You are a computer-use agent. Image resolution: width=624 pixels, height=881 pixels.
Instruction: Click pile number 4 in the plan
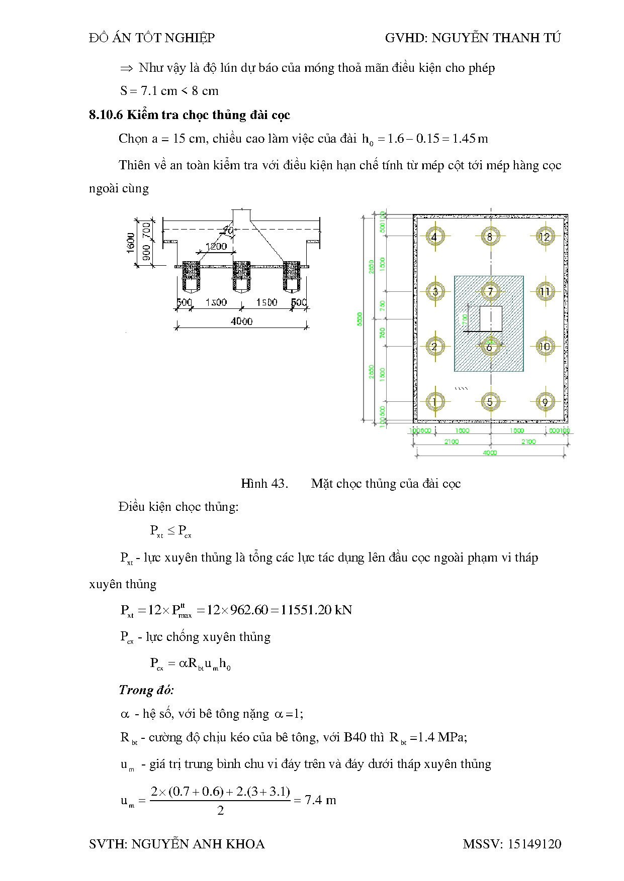coord(434,237)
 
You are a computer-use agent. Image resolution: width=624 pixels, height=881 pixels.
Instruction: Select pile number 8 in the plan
coord(490,237)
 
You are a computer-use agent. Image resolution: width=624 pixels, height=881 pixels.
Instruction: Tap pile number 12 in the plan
coord(545,237)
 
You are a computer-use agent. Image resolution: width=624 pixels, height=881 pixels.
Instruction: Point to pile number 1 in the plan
coord(434,402)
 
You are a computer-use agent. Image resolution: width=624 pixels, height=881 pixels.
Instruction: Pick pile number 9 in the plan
coord(545,402)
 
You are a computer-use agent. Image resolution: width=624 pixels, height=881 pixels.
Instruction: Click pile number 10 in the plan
coord(545,347)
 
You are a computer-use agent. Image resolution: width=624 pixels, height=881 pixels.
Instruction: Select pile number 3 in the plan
coord(434,291)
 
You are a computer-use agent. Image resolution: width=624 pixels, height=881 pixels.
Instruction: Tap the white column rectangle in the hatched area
coord(491,318)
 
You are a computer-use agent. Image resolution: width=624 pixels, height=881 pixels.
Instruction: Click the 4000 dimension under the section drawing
coord(241,321)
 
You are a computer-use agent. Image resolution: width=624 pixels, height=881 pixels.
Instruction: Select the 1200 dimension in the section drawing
coord(216,247)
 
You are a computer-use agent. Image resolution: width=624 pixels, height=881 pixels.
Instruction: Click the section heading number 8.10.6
coord(106,115)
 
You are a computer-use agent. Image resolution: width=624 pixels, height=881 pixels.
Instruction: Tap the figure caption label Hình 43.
coord(264,484)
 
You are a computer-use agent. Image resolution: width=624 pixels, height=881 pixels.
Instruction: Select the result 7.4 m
coord(320,800)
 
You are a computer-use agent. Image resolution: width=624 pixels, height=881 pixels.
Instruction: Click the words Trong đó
coord(146,690)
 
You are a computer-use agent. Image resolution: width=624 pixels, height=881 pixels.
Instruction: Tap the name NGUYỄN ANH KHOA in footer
coord(198,844)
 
